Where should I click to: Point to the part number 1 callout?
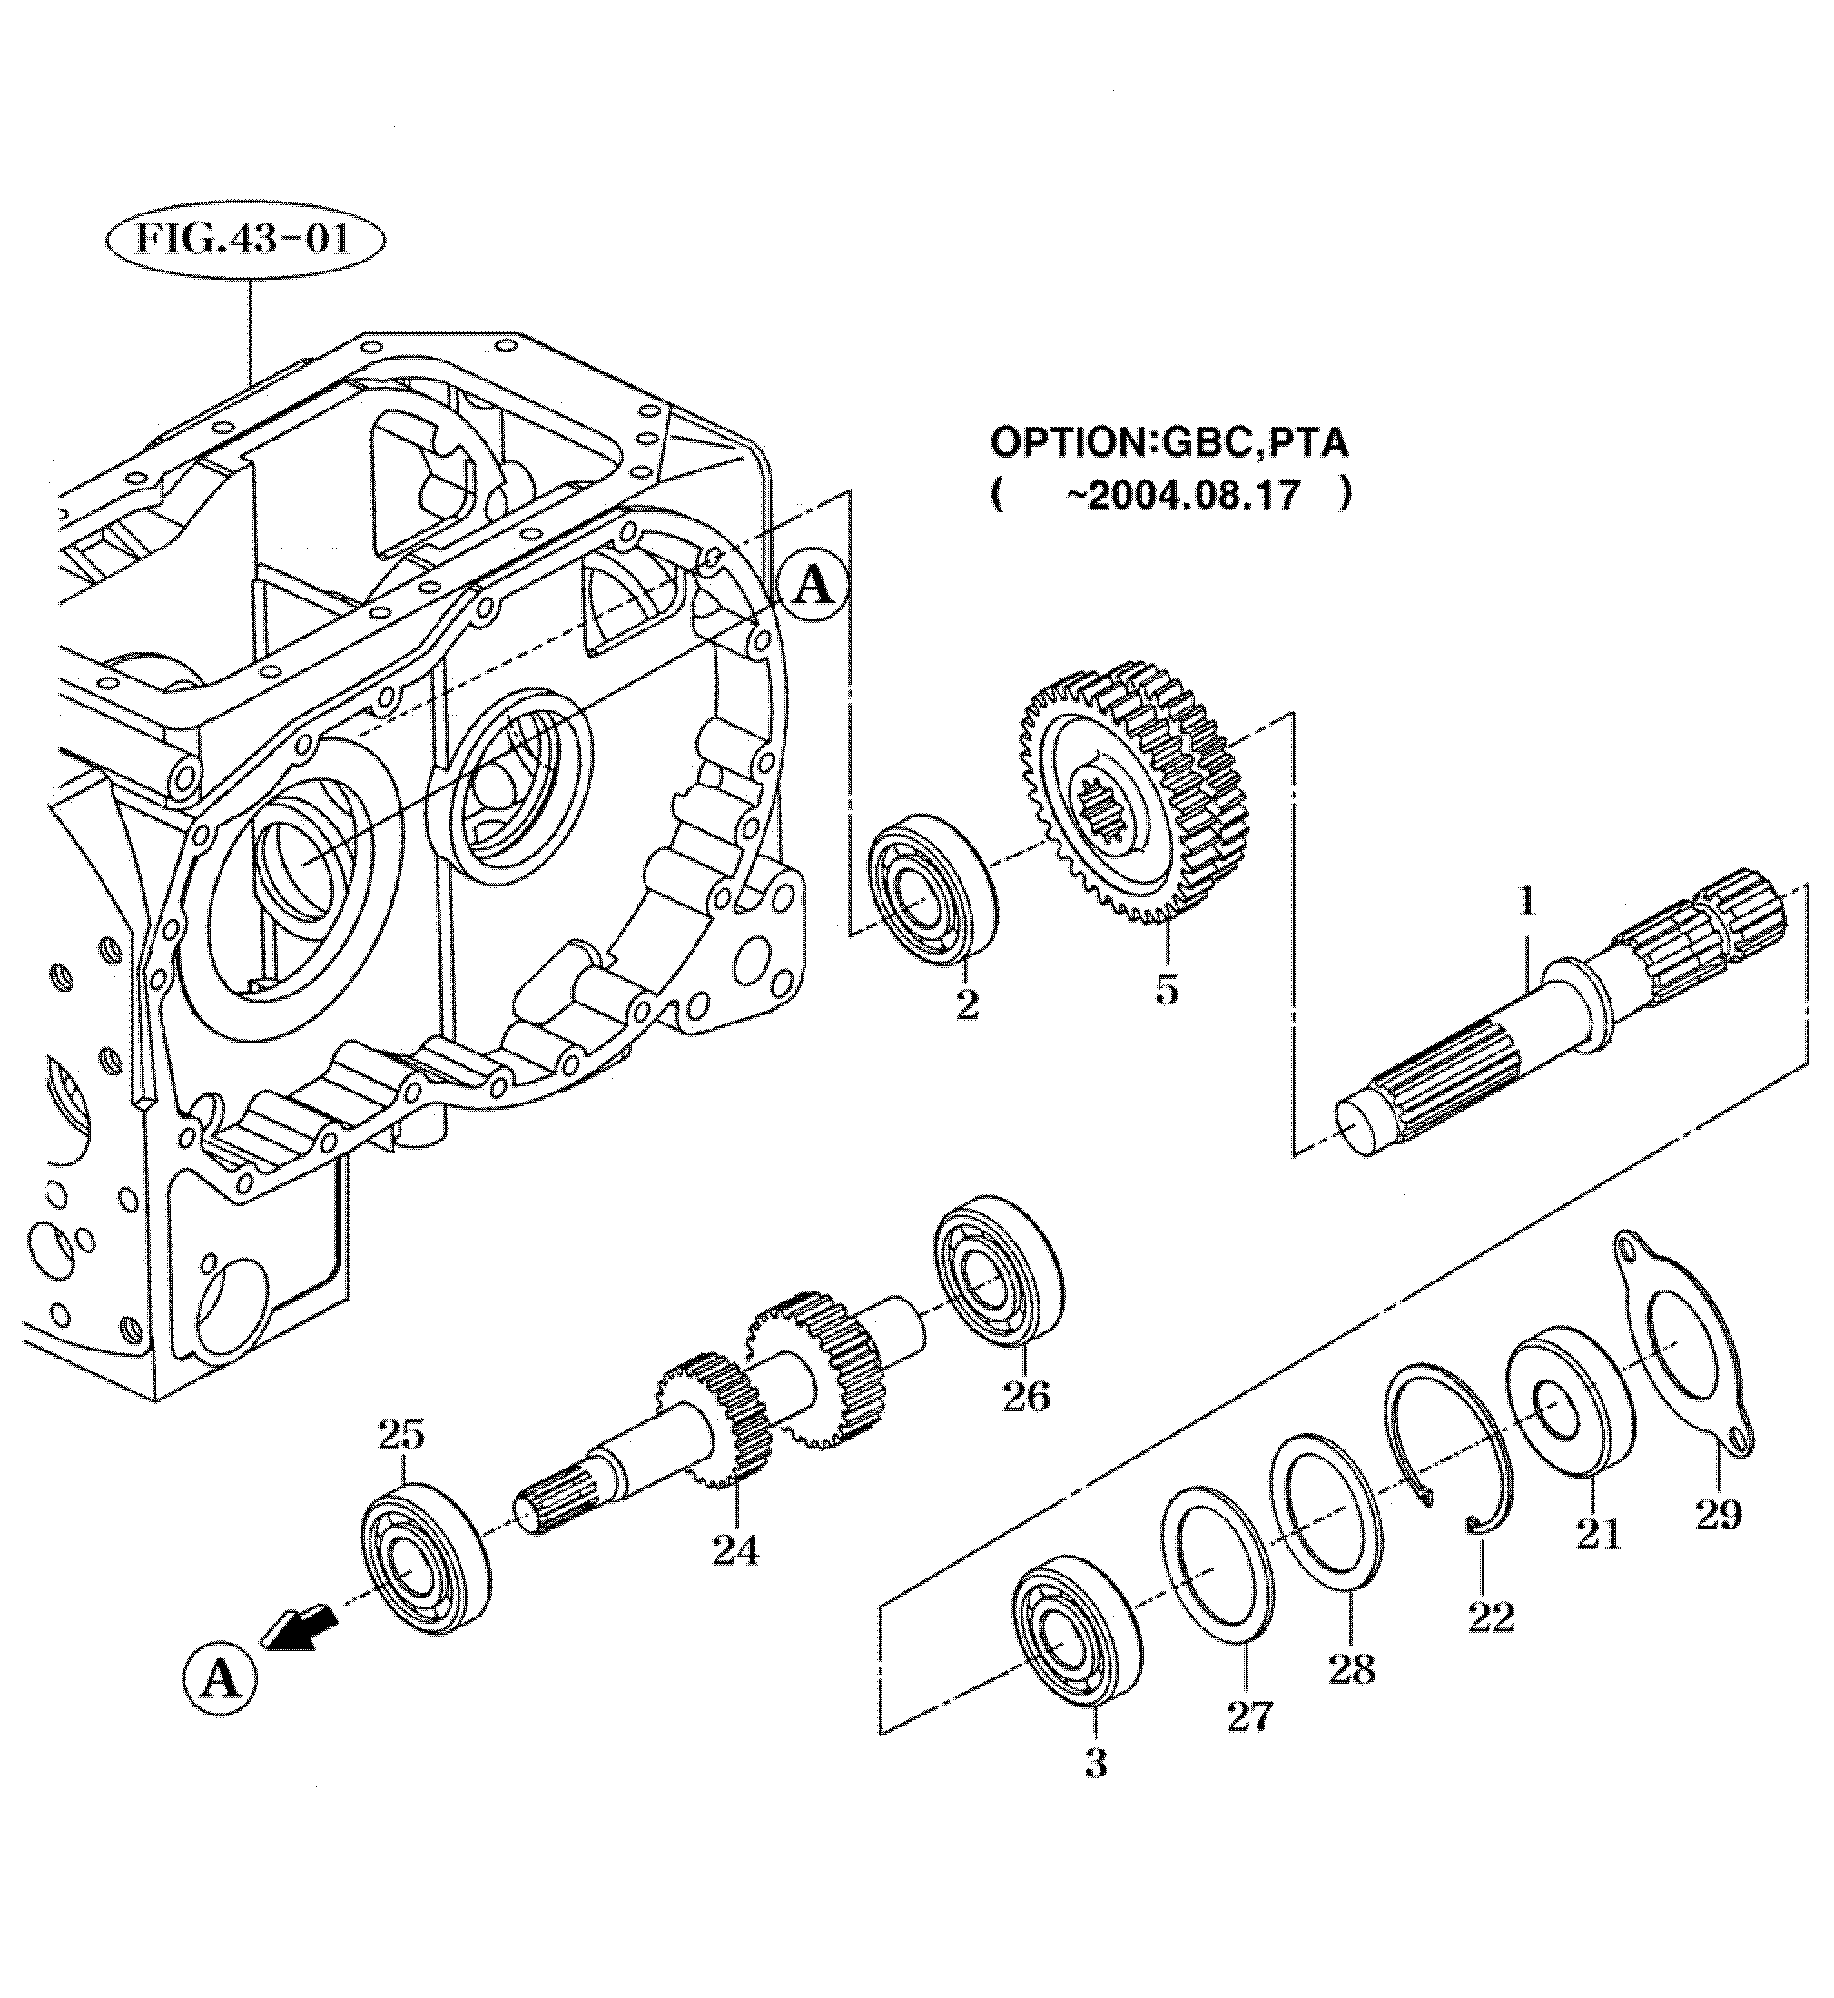coord(1527,904)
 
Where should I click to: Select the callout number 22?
coord(1491,1617)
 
